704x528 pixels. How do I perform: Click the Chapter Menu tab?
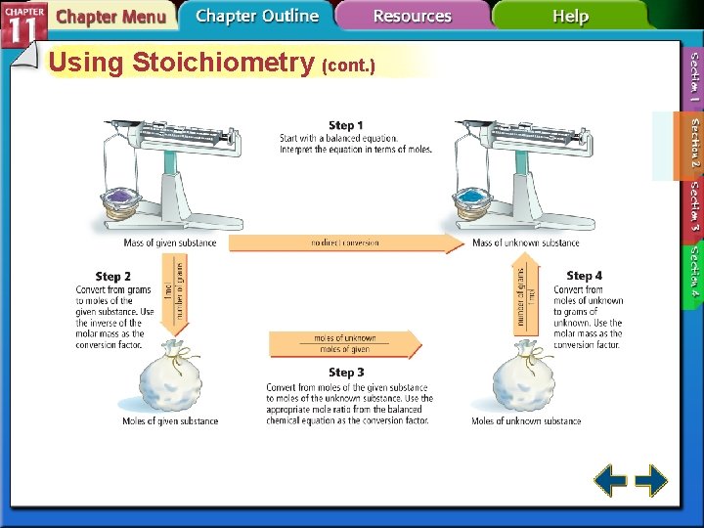point(110,18)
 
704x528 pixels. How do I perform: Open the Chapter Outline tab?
point(256,17)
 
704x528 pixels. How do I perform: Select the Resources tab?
point(412,17)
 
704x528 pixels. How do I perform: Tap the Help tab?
point(570,17)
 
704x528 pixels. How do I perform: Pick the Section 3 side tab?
point(694,206)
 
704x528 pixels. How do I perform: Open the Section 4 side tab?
point(694,272)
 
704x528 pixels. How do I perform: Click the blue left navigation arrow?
point(611,480)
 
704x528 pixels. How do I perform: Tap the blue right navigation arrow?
point(651,480)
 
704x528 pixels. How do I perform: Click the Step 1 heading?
point(345,125)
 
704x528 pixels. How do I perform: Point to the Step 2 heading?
point(113,277)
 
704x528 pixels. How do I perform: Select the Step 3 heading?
point(346,373)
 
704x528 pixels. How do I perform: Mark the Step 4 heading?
point(584,277)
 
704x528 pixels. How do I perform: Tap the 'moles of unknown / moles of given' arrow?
point(344,343)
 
